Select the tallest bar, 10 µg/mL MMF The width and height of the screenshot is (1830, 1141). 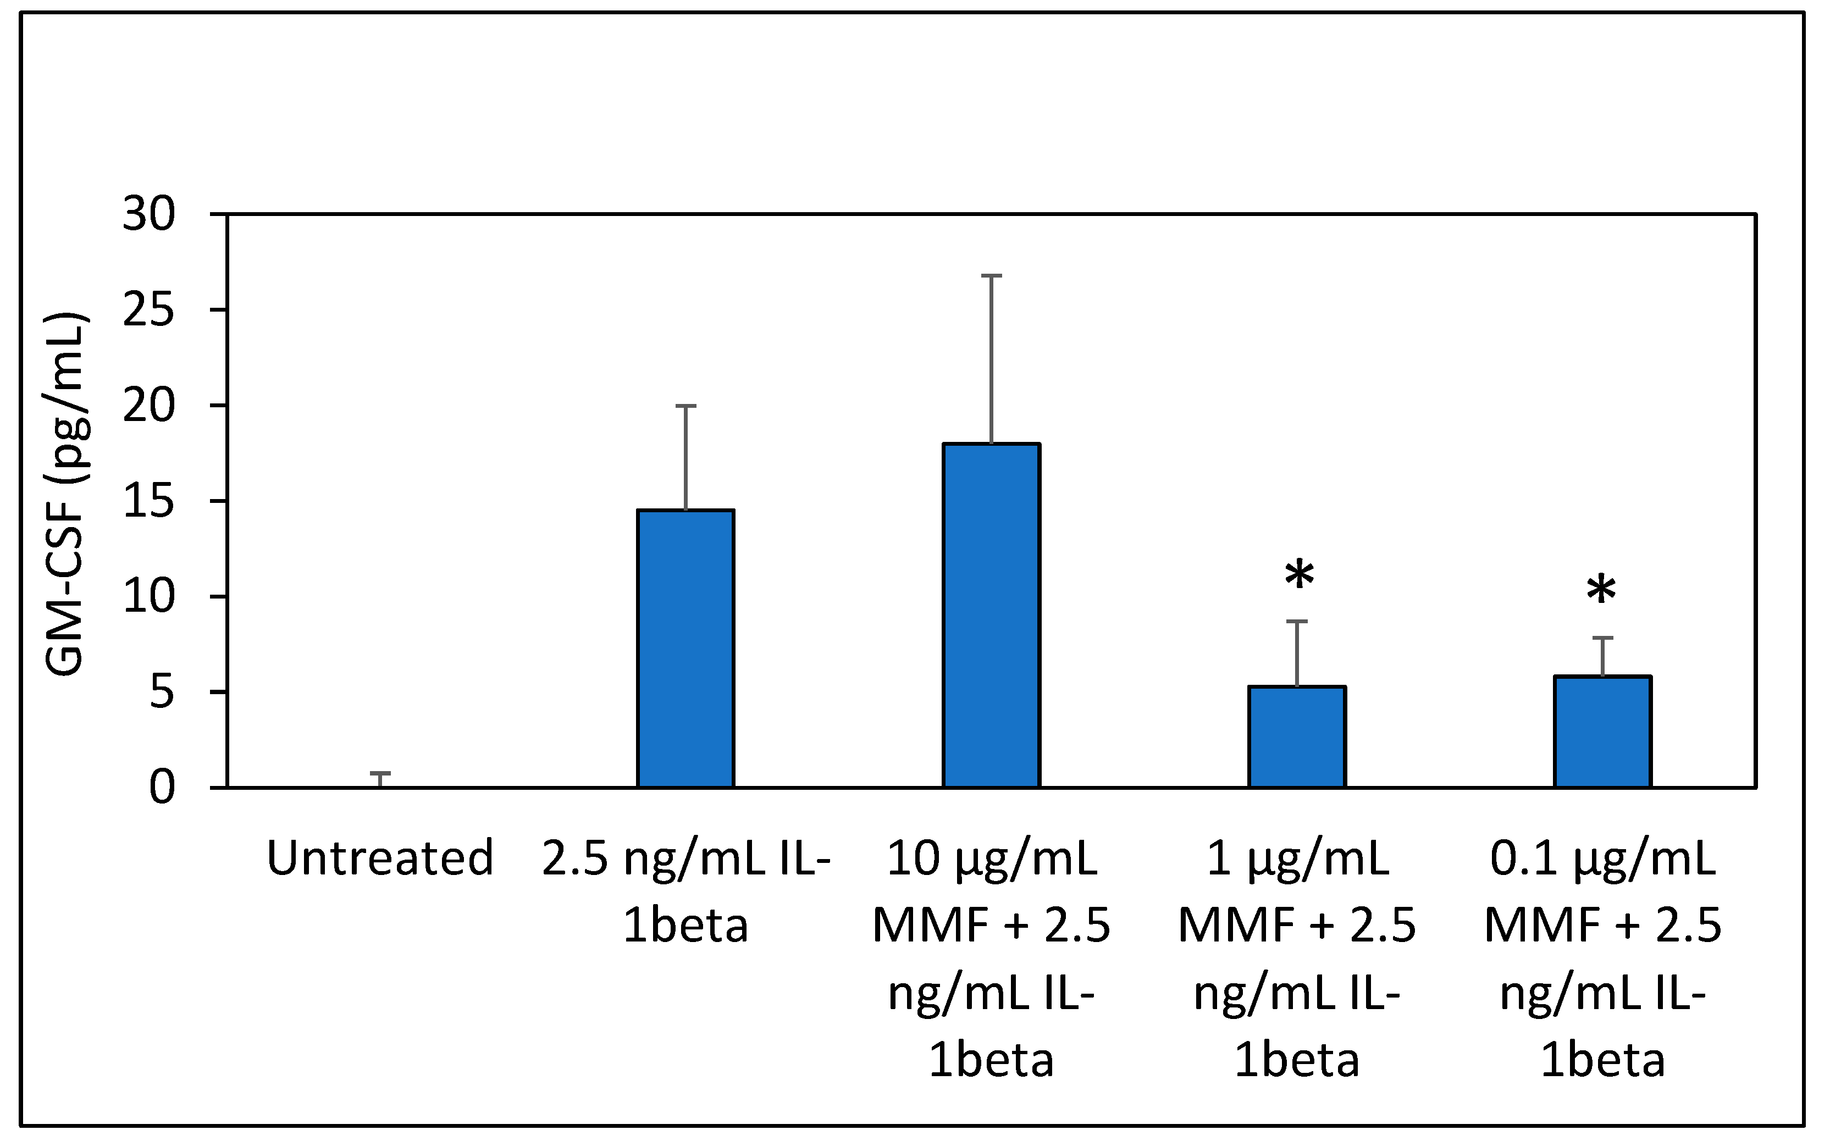(x=991, y=615)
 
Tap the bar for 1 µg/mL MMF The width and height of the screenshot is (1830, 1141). (x=1296, y=736)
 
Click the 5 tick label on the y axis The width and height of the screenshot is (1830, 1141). (x=162, y=692)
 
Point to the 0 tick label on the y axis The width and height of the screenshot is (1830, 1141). (x=162, y=788)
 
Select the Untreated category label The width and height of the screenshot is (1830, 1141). (x=380, y=858)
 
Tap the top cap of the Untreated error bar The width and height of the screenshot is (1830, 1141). (x=380, y=773)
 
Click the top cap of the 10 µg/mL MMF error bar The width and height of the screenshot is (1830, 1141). (x=991, y=276)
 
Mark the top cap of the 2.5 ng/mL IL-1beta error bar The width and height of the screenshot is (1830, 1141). (x=685, y=406)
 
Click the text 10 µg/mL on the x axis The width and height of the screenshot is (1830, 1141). (x=991, y=858)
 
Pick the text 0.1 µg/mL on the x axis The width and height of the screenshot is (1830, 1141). (x=1602, y=858)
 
